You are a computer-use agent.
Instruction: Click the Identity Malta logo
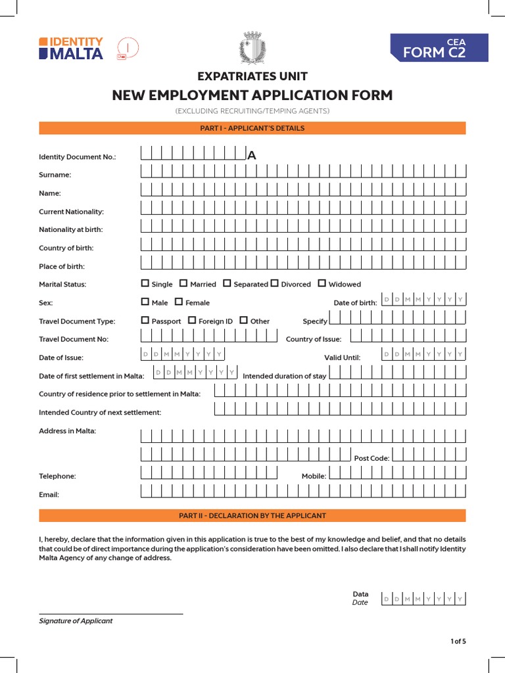point(71,48)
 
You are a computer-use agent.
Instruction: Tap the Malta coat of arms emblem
point(252,48)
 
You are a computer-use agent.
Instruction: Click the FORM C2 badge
point(439,49)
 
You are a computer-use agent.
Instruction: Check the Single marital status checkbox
point(145,284)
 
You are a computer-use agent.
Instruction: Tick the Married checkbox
point(184,284)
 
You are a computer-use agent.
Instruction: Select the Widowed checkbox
point(322,284)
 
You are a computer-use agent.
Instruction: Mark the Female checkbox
point(179,302)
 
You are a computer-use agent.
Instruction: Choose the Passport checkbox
point(145,321)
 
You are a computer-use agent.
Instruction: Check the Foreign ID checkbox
point(192,321)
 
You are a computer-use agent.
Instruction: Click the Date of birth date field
point(423,300)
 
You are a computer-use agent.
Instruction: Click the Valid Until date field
point(423,354)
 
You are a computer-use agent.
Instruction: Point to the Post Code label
point(372,458)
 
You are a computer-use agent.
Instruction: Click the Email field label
point(49,494)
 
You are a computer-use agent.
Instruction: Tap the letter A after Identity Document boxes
point(251,156)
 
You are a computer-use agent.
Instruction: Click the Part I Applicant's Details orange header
point(252,128)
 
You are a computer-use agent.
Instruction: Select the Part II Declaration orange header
point(252,516)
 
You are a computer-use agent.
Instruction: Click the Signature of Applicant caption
point(76,620)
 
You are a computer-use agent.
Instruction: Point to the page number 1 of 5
point(458,641)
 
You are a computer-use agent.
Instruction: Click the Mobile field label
point(314,476)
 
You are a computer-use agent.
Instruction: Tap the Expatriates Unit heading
point(252,76)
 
